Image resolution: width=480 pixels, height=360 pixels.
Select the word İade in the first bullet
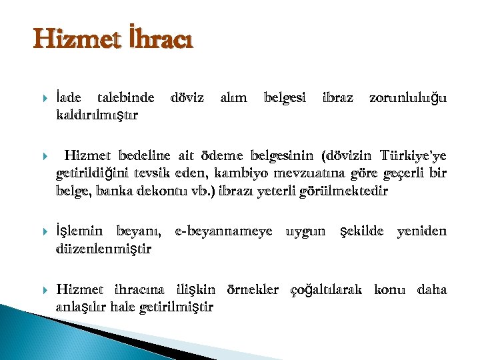pyautogui.click(x=70, y=98)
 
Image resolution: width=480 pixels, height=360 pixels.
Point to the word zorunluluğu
pyautogui.click(x=408, y=98)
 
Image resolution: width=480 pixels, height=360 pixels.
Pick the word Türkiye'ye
pyautogui.click(x=413, y=157)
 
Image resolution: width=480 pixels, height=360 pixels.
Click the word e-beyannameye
pyautogui.click(x=223, y=231)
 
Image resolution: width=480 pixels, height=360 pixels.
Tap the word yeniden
pyautogui.click(x=421, y=231)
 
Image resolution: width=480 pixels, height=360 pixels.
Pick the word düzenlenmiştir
pyautogui.click(x=104, y=249)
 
